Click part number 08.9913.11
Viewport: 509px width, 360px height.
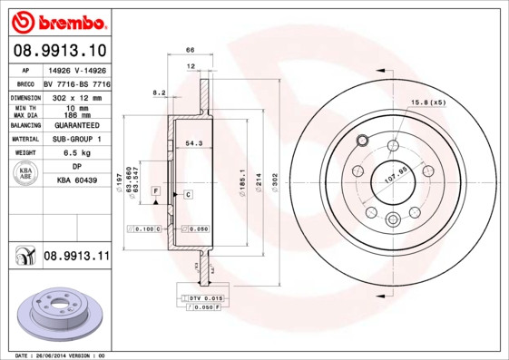click(x=76, y=257)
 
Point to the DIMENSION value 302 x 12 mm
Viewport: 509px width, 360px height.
click(x=76, y=95)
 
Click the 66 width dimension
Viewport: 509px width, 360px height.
click(x=191, y=50)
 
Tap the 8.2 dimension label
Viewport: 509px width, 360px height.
click(x=159, y=92)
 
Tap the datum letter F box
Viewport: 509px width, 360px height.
click(x=156, y=192)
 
